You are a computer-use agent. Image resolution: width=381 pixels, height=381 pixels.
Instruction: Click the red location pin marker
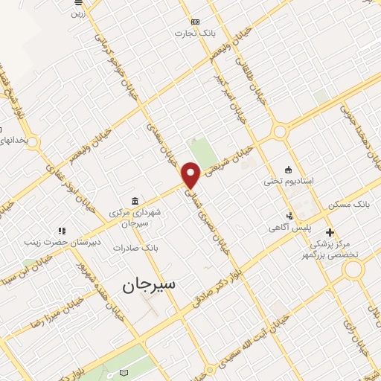point(191,175)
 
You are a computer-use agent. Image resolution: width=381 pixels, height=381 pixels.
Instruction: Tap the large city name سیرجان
point(149,284)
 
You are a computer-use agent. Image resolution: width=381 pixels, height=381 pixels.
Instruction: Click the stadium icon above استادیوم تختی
point(289,169)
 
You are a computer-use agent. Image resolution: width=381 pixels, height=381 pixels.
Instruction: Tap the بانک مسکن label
point(348,202)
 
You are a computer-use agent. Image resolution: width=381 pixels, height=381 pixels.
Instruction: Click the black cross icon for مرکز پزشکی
point(330,232)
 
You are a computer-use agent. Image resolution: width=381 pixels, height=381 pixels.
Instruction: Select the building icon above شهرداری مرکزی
point(134,201)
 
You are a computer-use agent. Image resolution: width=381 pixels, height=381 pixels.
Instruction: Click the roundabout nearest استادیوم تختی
point(280,132)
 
